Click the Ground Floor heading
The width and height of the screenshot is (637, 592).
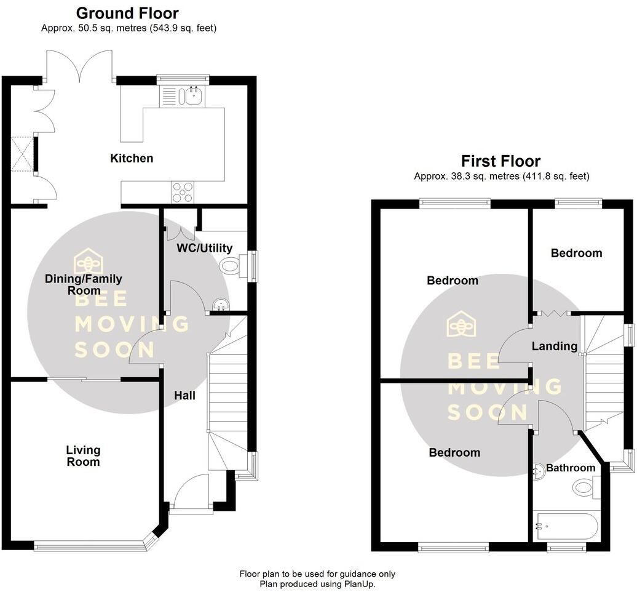click(127, 13)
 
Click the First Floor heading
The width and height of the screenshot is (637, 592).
click(501, 161)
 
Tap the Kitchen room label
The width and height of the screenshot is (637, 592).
click(132, 158)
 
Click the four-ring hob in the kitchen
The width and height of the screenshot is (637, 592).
click(183, 192)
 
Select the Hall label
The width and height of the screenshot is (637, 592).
click(184, 396)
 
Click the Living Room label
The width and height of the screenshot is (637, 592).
click(83, 456)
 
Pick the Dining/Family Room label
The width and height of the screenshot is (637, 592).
click(73, 284)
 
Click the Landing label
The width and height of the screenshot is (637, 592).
click(554, 346)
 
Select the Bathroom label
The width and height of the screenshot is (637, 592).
click(571, 468)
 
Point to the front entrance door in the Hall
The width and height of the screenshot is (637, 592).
click(191, 492)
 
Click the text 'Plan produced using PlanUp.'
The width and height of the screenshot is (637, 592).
click(317, 584)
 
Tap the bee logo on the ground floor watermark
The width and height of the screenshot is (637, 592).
click(89, 261)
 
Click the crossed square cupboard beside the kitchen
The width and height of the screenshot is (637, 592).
click(22, 154)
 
